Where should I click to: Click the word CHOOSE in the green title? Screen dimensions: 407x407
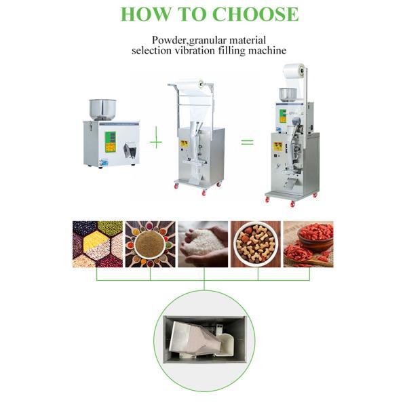point(256,14)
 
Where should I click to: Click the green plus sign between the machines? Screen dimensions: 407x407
point(156,141)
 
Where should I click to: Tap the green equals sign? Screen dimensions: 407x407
point(247,142)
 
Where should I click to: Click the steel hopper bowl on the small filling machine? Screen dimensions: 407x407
point(102,109)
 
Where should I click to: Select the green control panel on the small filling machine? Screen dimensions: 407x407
point(111,142)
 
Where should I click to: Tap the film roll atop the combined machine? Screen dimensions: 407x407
point(294,71)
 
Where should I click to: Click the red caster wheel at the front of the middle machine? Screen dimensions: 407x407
point(204,193)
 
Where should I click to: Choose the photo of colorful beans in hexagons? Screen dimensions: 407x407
point(98,244)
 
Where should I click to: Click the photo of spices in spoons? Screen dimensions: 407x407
point(151,244)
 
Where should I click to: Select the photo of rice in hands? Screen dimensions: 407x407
point(203,244)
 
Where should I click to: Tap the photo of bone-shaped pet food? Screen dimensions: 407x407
point(256,244)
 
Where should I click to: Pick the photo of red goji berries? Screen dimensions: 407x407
point(309,244)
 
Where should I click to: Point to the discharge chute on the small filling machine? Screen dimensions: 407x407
point(130,151)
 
